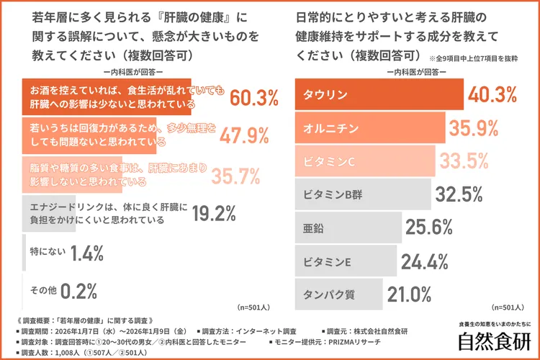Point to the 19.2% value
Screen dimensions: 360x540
214,213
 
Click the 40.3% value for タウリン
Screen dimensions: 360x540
492,94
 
